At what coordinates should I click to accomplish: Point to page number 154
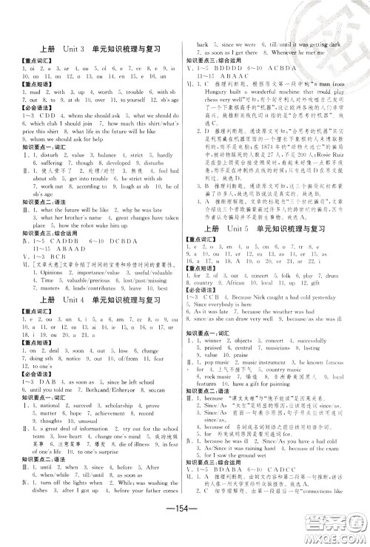[184, 515]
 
